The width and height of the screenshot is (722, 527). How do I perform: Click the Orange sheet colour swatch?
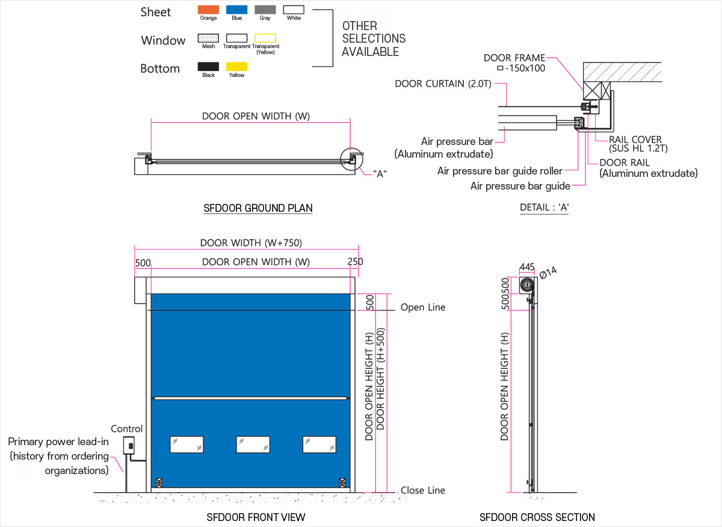208,10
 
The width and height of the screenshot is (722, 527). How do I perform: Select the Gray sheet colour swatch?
265,10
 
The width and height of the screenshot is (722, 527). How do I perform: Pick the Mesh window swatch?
208,38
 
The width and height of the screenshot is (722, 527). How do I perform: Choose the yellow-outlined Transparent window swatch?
265,38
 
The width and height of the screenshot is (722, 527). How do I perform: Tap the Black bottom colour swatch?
208,66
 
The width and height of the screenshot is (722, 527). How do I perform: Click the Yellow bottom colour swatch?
236,66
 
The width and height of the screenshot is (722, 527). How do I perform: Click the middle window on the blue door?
253,445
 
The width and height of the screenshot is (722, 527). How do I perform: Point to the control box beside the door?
129,445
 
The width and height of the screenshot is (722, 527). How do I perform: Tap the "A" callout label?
380,174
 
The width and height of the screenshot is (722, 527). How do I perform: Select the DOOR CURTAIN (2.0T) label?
443,84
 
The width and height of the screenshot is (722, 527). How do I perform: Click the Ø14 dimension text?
548,273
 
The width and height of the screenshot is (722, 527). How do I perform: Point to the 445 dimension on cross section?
527,267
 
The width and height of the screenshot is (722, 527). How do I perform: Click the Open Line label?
423,307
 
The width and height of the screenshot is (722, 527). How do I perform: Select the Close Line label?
423,490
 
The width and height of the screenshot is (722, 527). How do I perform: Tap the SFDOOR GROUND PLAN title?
258,208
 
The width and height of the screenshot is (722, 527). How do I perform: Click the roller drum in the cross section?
527,285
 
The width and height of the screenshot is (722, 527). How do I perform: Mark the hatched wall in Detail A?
622,72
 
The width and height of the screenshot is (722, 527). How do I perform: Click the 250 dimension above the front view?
355,262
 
